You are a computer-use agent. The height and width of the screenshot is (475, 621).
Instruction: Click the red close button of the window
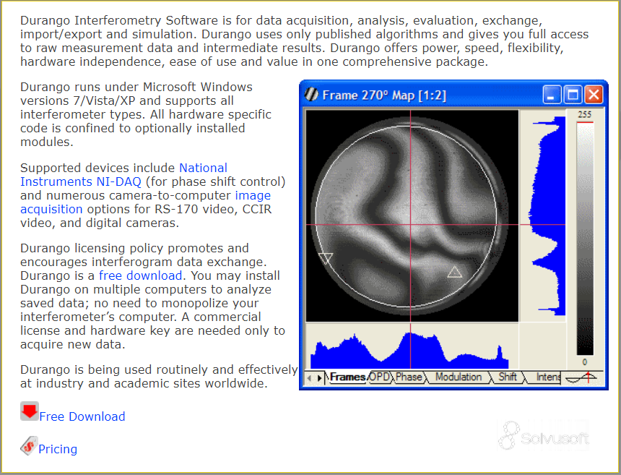click(x=594, y=95)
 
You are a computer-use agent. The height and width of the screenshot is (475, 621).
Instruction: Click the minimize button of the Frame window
click(x=551, y=95)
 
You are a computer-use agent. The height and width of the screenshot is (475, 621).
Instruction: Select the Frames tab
click(x=347, y=377)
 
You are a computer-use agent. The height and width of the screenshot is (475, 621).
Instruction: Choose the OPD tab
click(x=379, y=377)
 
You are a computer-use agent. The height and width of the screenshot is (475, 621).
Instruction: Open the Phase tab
click(x=409, y=377)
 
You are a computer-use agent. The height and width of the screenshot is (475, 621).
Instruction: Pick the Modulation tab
click(x=459, y=377)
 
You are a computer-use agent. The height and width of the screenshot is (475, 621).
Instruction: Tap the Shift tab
click(x=508, y=377)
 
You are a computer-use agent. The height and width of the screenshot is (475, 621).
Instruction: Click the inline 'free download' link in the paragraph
click(x=140, y=275)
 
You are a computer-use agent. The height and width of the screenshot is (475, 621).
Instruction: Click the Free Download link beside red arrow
click(x=82, y=416)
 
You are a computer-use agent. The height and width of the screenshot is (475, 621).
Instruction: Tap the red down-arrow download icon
click(x=30, y=411)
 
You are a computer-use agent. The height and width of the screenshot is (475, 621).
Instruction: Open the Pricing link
click(x=58, y=449)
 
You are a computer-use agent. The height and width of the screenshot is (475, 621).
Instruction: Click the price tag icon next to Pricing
click(x=29, y=445)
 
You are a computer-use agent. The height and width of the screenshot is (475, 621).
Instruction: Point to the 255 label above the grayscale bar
click(x=584, y=114)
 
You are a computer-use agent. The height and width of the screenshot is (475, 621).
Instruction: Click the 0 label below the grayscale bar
click(x=585, y=362)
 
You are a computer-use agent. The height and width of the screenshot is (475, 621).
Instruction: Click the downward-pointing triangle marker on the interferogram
click(x=326, y=259)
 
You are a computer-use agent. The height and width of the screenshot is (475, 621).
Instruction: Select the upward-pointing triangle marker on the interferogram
click(x=454, y=272)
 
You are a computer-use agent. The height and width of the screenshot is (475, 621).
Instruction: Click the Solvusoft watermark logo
click(x=543, y=435)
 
